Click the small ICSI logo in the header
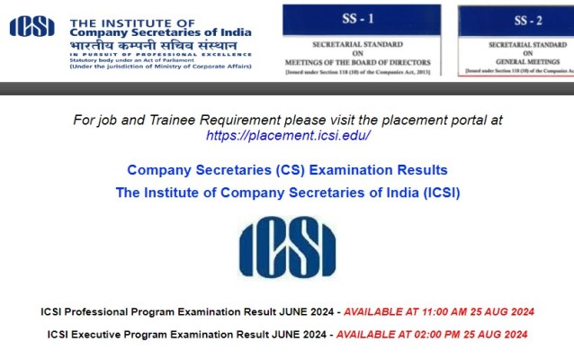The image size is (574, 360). tap(31, 28)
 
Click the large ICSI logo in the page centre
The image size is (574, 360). tap(287, 246)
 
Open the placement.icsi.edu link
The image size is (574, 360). tap(288, 135)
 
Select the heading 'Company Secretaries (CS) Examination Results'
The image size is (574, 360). tap(287, 170)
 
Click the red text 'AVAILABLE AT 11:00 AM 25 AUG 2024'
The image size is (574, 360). tap(439, 312)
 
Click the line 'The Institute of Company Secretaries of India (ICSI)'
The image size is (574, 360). tap(287, 193)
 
